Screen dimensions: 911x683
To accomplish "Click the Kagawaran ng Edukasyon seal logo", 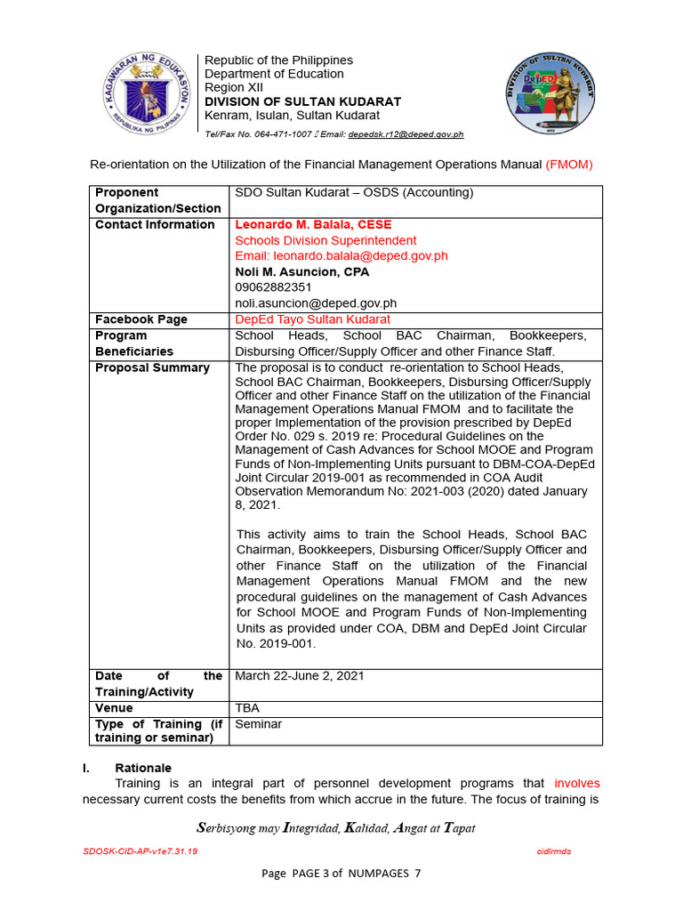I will click(x=144, y=93).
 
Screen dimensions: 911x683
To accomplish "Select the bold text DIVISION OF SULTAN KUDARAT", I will click(x=302, y=101).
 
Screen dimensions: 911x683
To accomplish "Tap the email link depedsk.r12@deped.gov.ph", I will click(x=406, y=134).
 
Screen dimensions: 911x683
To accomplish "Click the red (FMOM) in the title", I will click(x=568, y=165).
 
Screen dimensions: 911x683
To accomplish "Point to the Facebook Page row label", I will click(x=141, y=319).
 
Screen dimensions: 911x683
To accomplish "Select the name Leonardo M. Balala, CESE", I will click(x=313, y=224).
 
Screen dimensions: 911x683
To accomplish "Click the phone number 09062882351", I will click(x=273, y=287).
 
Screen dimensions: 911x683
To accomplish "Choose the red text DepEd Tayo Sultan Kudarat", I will click(x=312, y=319).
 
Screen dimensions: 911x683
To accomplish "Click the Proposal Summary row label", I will click(x=152, y=367).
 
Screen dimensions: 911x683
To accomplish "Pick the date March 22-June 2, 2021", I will click(x=299, y=676).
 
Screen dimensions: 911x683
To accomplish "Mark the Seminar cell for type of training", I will click(x=258, y=724).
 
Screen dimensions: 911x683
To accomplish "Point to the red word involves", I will click(x=576, y=784).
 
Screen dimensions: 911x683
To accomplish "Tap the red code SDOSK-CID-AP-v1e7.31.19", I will click(x=140, y=851).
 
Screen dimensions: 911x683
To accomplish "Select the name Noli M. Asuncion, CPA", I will click(x=301, y=272).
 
